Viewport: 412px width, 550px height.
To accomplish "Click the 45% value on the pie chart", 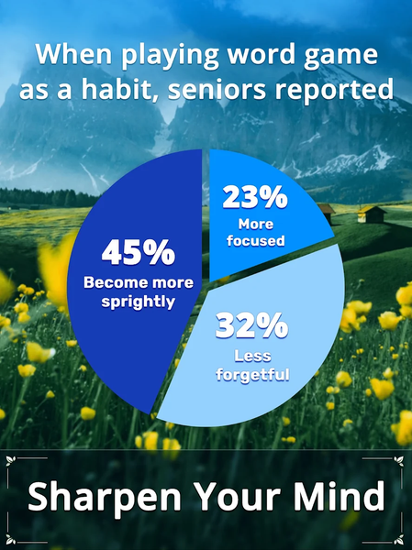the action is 139,252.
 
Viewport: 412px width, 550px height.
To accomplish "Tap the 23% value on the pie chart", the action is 255,197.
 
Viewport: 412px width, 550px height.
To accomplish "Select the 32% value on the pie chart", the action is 251,325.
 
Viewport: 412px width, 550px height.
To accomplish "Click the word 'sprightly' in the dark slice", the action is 138,302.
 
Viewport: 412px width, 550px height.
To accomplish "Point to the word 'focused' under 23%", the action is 256,241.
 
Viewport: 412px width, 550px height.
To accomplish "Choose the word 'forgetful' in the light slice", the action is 252,374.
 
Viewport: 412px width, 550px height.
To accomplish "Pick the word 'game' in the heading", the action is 340,56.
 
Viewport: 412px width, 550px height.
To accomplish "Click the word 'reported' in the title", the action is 334,91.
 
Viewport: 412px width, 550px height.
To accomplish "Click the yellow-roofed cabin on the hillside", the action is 371,214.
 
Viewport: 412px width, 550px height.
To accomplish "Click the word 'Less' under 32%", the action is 252,356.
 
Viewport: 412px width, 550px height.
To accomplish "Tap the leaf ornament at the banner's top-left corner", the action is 11,460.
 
